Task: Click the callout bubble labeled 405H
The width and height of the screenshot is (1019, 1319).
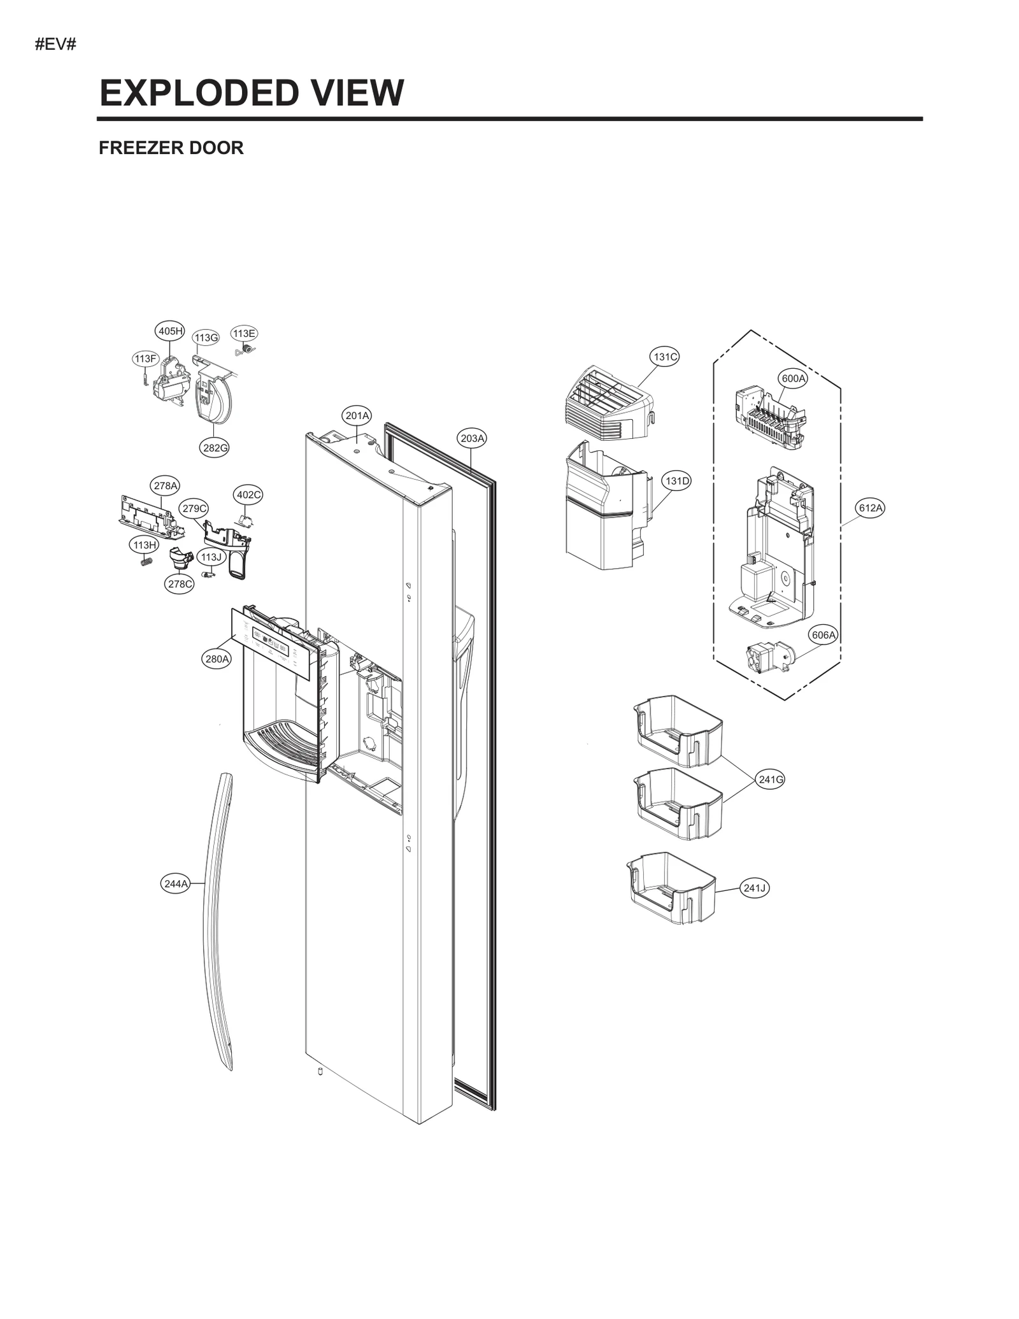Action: [170, 331]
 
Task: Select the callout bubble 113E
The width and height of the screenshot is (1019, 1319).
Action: [244, 334]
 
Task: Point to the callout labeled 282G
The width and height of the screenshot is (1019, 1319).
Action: [215, 448]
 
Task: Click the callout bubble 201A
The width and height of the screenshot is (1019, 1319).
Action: [357, 416]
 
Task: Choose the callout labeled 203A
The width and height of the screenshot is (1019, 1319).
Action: [473, 438]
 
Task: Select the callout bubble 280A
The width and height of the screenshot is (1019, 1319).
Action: [217, 659]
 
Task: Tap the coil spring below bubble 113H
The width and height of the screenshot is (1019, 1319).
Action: [146, 562]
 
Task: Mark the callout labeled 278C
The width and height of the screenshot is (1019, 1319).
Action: [179, 584]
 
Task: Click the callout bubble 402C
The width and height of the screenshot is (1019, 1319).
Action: [248, 495]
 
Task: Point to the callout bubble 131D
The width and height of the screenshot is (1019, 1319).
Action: [677, 481]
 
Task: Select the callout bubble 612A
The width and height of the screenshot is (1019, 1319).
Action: [871, 508]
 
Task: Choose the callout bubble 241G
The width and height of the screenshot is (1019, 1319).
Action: [771, 779]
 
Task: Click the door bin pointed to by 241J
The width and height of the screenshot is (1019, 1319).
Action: [672, 888]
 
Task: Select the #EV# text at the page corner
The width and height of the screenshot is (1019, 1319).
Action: [55, 45]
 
